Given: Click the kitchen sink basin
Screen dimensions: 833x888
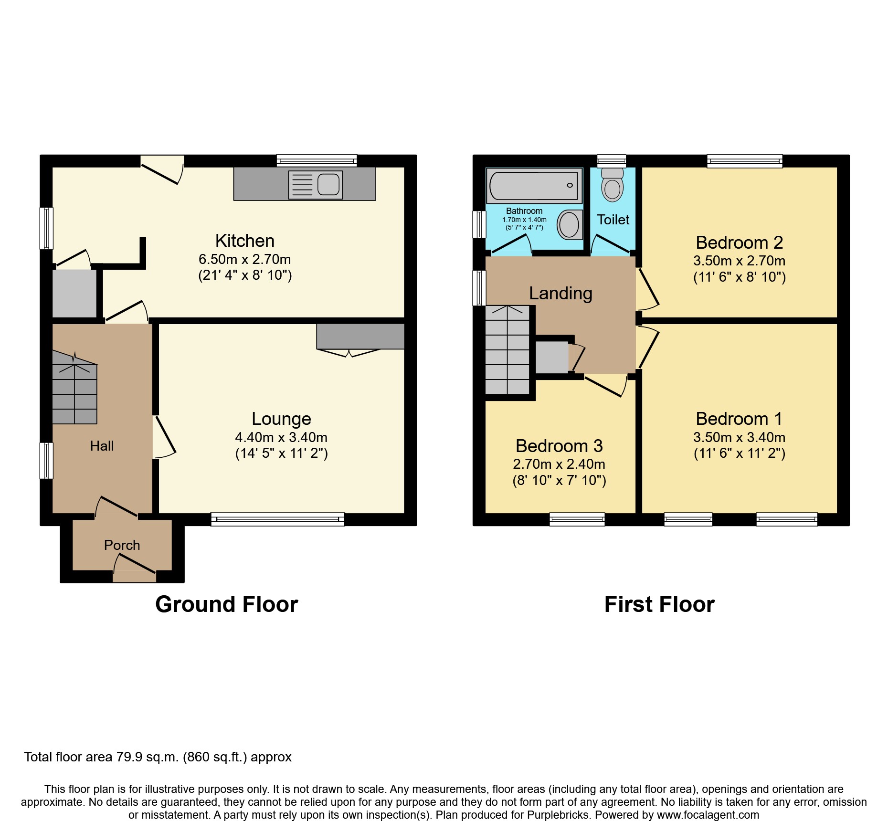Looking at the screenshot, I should click(x=328, y=184).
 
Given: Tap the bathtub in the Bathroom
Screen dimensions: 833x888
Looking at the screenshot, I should click(x=533, y=185).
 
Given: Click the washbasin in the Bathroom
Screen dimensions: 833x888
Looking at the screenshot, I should click(x=569, y=224).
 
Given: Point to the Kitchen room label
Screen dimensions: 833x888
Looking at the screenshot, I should click(x=244, y=241).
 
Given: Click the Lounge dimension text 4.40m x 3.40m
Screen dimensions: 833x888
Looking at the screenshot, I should click(x=281, y=437).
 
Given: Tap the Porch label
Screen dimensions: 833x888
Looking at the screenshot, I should click(x=122, y=545).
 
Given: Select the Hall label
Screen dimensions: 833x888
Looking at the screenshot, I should click(x=102, y=446).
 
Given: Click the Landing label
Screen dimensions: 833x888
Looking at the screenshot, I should click(x=560, y=293).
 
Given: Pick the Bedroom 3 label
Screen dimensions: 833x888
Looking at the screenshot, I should click(x=559, y=446).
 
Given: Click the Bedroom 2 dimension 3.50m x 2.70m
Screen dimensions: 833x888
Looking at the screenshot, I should click(x=739, y=261).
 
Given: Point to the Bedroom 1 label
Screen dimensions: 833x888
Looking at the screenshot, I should click(x=739, y=419).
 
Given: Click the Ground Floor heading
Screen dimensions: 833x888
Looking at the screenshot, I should click(x=226, y=604).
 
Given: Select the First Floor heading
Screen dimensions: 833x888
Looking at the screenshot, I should click(x=659, y=604).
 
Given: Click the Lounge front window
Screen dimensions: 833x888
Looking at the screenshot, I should click(x=277, y=519).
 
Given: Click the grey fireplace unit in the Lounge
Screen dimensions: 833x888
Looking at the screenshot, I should click(x=360, y=336).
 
